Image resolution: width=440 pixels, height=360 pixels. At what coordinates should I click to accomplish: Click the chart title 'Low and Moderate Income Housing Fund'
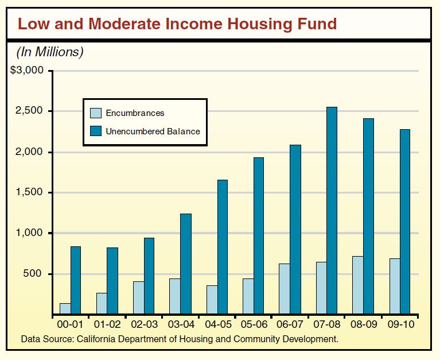(177, 24)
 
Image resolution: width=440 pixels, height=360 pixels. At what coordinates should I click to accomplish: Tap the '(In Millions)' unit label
(49, 52)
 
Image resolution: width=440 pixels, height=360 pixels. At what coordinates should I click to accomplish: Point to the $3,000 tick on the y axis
(28, 71)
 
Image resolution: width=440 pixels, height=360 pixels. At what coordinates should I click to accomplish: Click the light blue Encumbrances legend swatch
(96, 113)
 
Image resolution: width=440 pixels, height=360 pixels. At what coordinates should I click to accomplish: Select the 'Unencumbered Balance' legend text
(153, 131)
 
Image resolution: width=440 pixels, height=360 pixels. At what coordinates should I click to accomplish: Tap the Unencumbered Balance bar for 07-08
(332, 210)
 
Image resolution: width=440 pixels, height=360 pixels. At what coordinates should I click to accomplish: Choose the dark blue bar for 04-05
(222, 247)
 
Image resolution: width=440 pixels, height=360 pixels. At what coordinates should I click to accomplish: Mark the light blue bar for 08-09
(357, 285)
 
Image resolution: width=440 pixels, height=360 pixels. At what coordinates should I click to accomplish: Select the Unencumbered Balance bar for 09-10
(405, 222)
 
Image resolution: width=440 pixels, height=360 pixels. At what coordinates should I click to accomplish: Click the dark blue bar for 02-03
(149, 276)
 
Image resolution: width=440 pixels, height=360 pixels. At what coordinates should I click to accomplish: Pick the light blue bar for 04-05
(211, 300)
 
